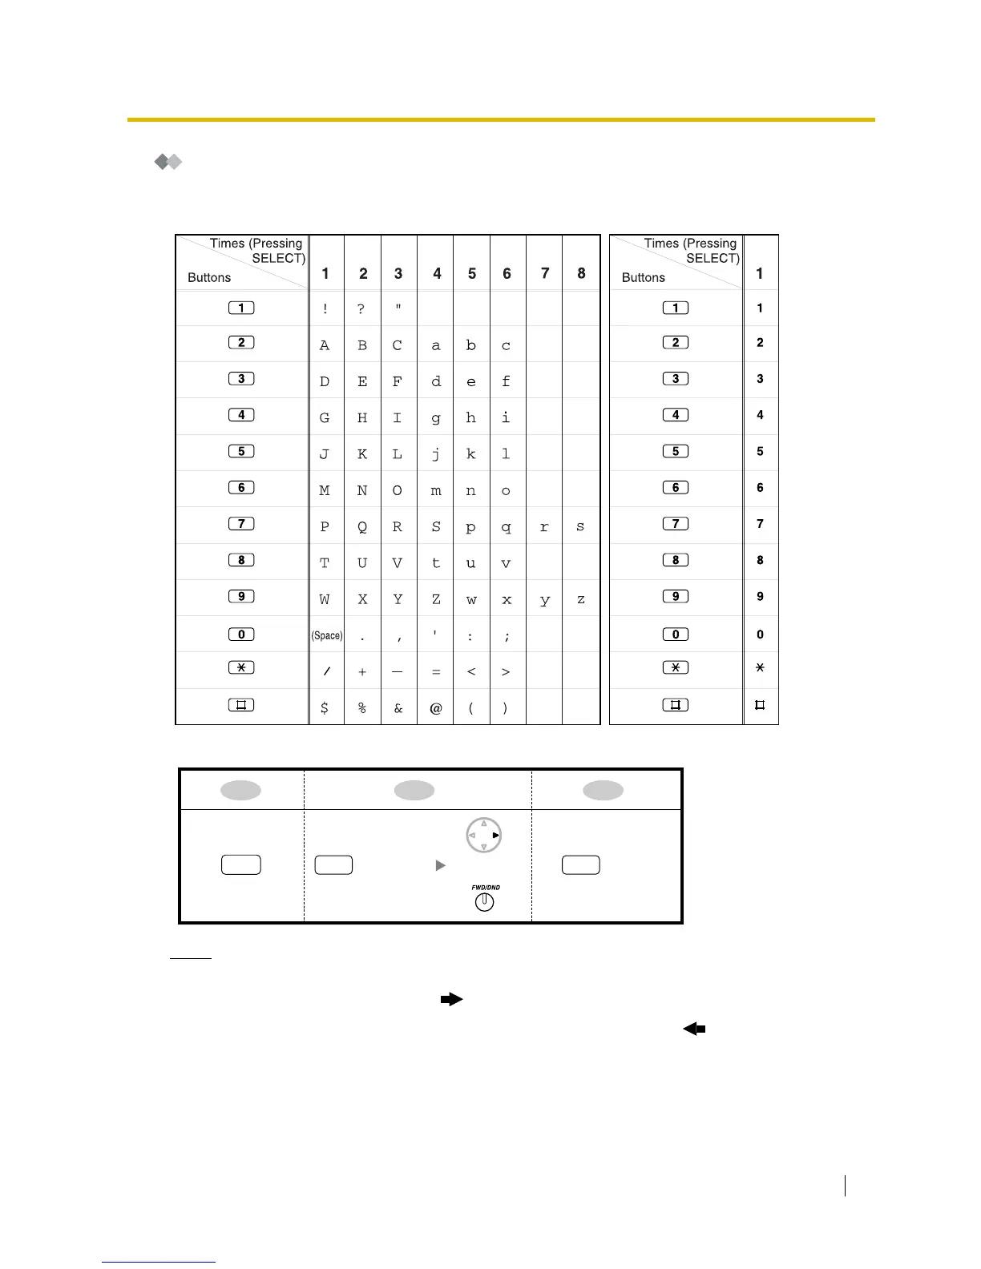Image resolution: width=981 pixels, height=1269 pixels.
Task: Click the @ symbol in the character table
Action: [x=436, y=708]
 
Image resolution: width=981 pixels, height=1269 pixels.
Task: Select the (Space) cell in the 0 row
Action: [x=327, y=635]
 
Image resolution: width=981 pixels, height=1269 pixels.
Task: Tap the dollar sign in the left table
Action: [x=325, y=708]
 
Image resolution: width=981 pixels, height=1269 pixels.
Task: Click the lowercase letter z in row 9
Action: [x=581, y=599]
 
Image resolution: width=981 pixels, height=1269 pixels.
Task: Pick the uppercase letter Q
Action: [x=362, y=527]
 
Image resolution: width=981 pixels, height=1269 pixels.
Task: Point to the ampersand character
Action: [x=398, y=708]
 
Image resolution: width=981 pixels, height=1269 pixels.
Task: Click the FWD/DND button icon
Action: [x=485, y=901]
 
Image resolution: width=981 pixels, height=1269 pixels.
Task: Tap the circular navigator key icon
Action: [x=484, y=836]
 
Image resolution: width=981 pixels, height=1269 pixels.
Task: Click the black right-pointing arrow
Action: [x=452, y=999]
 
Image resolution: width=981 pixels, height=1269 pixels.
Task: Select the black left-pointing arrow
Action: [x=694, y=1029]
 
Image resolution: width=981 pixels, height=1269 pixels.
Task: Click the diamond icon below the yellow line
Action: [x=168, y=162]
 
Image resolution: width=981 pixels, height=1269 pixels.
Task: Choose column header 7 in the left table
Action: [x=545, y=274]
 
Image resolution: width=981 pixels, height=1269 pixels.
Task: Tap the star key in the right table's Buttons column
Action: [x=676, y=668]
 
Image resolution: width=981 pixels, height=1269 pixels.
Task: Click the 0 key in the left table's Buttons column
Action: [x=241, y=634]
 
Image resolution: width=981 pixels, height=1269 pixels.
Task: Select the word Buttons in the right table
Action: [x=644, y=278]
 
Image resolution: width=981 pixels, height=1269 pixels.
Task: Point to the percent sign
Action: [x=362, y=708]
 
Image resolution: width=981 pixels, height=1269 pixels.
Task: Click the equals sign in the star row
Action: [x=436, y=672]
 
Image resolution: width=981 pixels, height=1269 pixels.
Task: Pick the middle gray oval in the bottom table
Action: [x=414, y=791]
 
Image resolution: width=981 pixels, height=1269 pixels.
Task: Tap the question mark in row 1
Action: [x=361, y=309]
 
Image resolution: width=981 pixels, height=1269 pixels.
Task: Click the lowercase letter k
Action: [x=471, y=453]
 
